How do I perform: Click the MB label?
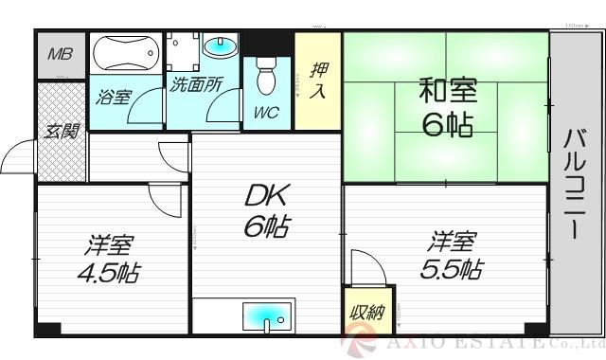[x=60, y=55]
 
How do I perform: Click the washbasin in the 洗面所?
[x=221, y=46]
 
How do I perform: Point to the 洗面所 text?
[x=196, y=83]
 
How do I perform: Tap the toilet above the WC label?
[x=265, y=75]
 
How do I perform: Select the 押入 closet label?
[x=318, y=81]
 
